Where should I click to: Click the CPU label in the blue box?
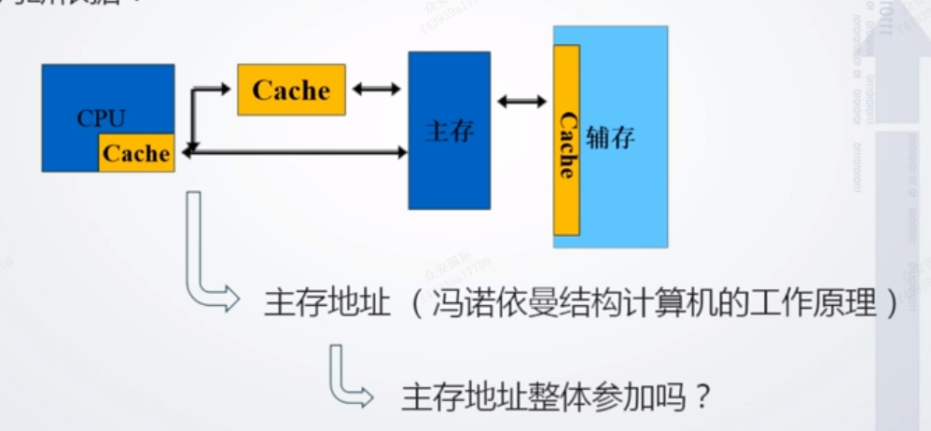[x=101, y=118]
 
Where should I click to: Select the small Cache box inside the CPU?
[x=136, y=153]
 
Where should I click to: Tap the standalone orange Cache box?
[x=291, y=90]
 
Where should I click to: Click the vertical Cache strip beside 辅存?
[x=566, y=140]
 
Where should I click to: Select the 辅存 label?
[x=611, y=138]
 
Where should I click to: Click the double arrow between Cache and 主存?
[x=376, y=90]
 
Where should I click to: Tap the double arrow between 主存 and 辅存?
[x=521, y=101]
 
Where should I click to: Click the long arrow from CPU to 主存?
[x=299, y=150]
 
